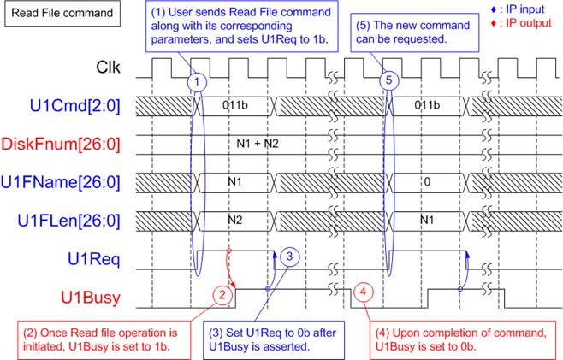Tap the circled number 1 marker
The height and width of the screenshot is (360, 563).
pos(197,80)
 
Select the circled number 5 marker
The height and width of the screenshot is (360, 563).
pos(389,80)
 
